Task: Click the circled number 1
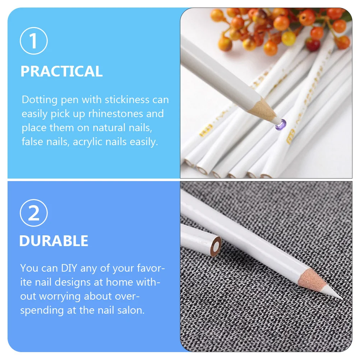34,41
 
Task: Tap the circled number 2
34,213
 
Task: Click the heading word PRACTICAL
61,71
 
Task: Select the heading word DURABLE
54,241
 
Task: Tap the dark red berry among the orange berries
313,45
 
